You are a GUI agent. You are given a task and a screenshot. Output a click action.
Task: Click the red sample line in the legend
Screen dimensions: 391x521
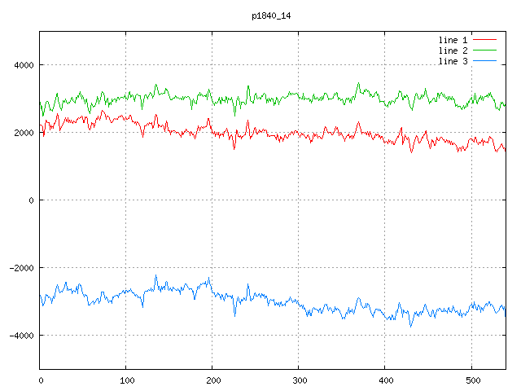coord(484,39)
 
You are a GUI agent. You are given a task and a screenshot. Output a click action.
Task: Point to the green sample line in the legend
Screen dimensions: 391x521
coord(484,51)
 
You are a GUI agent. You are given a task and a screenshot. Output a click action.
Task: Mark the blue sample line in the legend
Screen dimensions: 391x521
coord(484,61)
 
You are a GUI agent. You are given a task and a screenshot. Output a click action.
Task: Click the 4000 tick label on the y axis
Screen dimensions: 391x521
coord(24,65)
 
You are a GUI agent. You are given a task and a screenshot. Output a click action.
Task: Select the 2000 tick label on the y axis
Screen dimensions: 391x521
coord(24,133)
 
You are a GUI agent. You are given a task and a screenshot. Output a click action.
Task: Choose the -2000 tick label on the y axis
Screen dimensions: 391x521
coord(21,268)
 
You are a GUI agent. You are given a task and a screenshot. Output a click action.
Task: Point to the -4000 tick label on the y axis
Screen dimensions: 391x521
coord(21,336)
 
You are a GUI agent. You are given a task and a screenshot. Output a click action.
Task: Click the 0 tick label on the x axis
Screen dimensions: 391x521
coord(41,380)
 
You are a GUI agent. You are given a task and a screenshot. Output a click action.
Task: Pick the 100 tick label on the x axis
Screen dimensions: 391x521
coord(126,380)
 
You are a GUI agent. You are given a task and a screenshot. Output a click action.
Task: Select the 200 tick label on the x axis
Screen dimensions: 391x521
coord(212,380)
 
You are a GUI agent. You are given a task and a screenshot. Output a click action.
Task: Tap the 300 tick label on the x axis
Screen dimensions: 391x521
coord(299,380)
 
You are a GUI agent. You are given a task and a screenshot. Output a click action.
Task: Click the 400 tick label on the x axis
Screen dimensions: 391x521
coord(385,380)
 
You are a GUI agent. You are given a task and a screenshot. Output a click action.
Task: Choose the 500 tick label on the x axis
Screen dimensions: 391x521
coord(471,380)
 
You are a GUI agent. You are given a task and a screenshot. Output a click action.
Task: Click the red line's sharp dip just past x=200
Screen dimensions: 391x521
coord(234,147)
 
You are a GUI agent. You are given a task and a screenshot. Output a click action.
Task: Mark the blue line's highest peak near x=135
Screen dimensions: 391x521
coord(156,276)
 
